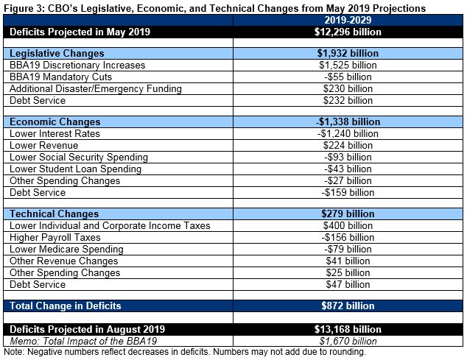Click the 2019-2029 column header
click(348, 21)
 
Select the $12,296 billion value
click(348, 32)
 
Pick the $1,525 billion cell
click(348, 65)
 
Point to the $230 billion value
click(348, 88)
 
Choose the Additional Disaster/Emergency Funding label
click(95, 88)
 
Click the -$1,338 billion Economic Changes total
click(348, 121)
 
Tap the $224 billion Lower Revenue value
click(348, 145)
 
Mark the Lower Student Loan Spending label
click(74, 169)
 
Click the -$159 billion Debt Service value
click(348, 192)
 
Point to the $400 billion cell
click(348, 225)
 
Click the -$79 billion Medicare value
click(348, 249)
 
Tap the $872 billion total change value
click(348, 305)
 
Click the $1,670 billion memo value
click(348, 340)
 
